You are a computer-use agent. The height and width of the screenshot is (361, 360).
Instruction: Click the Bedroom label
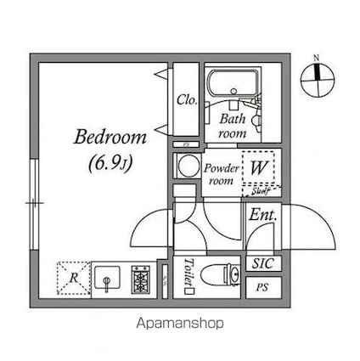[x=110, y=137]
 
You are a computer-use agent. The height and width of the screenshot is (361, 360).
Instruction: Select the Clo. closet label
[x=188, y=100]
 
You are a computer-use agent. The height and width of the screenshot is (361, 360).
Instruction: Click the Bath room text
[x=233, y=127]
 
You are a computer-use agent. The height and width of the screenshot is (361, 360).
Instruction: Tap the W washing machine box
[x=258, y=167]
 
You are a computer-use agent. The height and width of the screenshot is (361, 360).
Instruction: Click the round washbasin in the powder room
[x=186, y=165]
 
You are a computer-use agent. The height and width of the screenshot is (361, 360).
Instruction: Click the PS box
[x=262, y=286]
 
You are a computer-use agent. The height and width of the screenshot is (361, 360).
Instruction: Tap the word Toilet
[x=188, y=273]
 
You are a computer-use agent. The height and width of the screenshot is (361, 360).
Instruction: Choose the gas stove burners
[x=141, y=278]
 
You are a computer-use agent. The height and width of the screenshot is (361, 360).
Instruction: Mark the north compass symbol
[x=318, y=78]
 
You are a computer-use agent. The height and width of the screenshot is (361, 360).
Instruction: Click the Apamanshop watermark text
[x=179, y=323]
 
